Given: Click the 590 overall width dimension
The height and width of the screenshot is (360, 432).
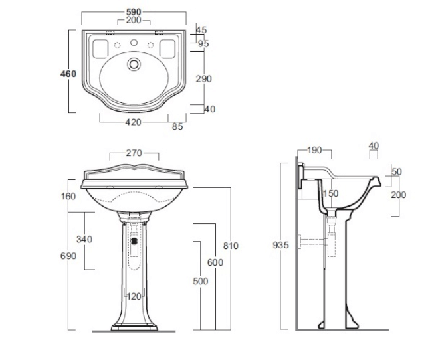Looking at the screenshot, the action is pos(134,12).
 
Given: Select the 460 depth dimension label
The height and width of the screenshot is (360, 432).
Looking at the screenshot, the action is pos(68,74).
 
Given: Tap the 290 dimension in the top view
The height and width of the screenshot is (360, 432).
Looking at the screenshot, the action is pos(203,79).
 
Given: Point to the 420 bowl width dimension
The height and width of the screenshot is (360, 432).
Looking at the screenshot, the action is pos(134,122).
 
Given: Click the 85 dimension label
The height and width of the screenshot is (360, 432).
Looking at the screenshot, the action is pos(177,126).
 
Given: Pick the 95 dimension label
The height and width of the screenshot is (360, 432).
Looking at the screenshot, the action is pos(203,44).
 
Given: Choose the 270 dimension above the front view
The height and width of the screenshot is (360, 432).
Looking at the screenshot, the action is pos(134,153).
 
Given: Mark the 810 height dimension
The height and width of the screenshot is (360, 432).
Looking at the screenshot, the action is pos(231,246).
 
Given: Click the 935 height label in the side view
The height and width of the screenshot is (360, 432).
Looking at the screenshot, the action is pos(280,245).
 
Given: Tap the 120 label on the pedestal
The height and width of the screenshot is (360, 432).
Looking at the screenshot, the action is pos(134,296).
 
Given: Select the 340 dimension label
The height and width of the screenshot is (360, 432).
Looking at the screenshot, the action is pos(84,239).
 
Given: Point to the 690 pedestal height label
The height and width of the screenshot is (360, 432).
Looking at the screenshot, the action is pos(68,256).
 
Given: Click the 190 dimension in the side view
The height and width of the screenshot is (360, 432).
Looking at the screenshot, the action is pos(314,150).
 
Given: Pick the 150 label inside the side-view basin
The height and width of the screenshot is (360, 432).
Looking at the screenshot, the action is pos(330,193).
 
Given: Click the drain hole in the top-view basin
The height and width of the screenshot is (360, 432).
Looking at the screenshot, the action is pos(134,64).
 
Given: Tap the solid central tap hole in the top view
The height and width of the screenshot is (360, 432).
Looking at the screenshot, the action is pos(134,43).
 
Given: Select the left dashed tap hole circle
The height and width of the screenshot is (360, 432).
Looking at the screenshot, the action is pos(118,45).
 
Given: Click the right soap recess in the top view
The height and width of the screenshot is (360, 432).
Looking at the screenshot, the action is pos(167,49).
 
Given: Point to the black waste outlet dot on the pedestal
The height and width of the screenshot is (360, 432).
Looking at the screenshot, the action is pos(134,241).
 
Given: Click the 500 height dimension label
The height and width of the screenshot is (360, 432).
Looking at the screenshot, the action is pos(201,281).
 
